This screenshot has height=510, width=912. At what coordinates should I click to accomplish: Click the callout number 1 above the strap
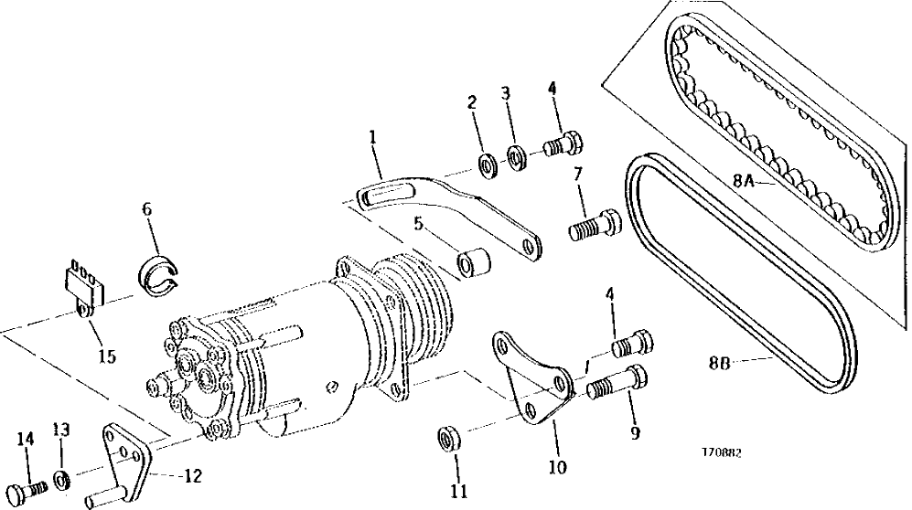[x=373, y=137]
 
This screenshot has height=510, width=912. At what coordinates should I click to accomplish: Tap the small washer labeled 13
[x=59, y=477]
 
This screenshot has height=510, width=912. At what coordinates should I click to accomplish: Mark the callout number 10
[x=557, y=468]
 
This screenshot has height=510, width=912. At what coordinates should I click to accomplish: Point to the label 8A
[x=745, y=181]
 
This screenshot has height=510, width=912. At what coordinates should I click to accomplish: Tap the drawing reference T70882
[x=722, y=453]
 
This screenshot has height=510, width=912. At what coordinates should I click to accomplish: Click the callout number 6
[x=145, y=209]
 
